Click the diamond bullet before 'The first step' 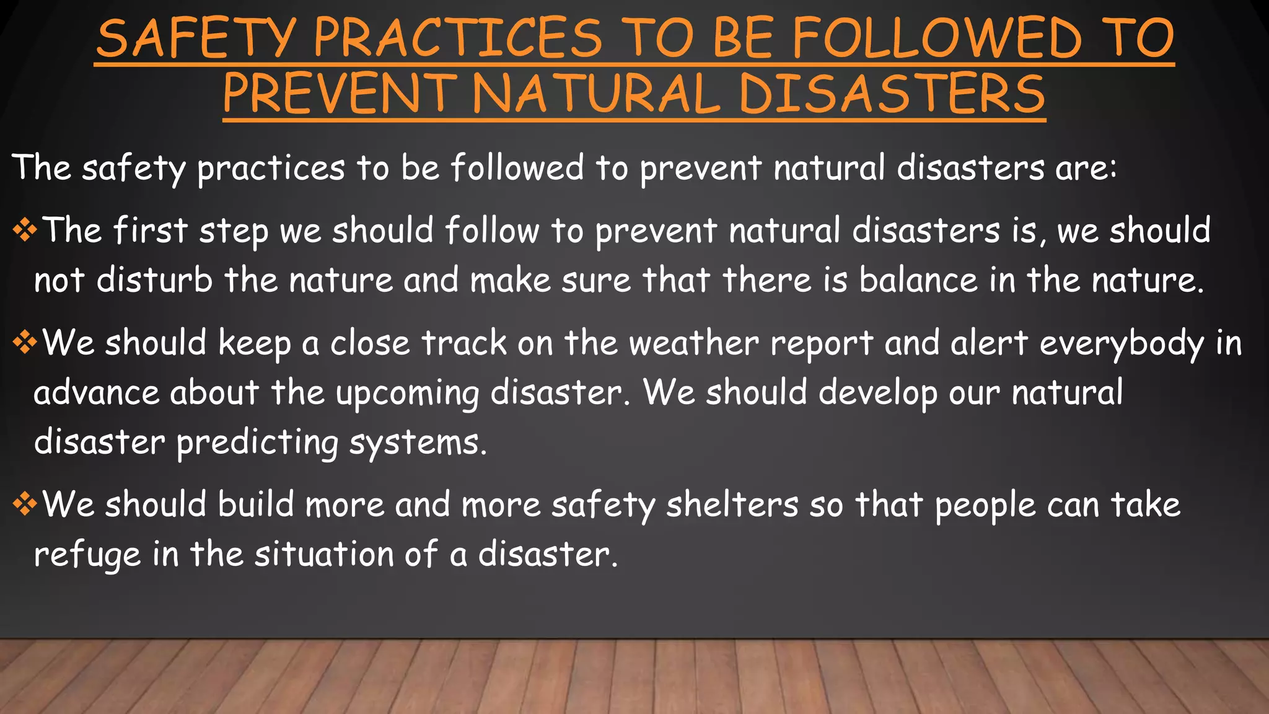pyautogui.click(x=25, y=231)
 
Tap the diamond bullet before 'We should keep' pyautogui.click(x=25, y=343)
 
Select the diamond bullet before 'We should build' pyautogui.click(x=25, y=504)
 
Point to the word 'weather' pyautogui.click(x=693, y=343)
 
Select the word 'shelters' pyautogui.click(x=732, y=504)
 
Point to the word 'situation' pyautogui.click(x=324, y=553)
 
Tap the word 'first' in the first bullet pyautogui.click(x=150, y=231)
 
